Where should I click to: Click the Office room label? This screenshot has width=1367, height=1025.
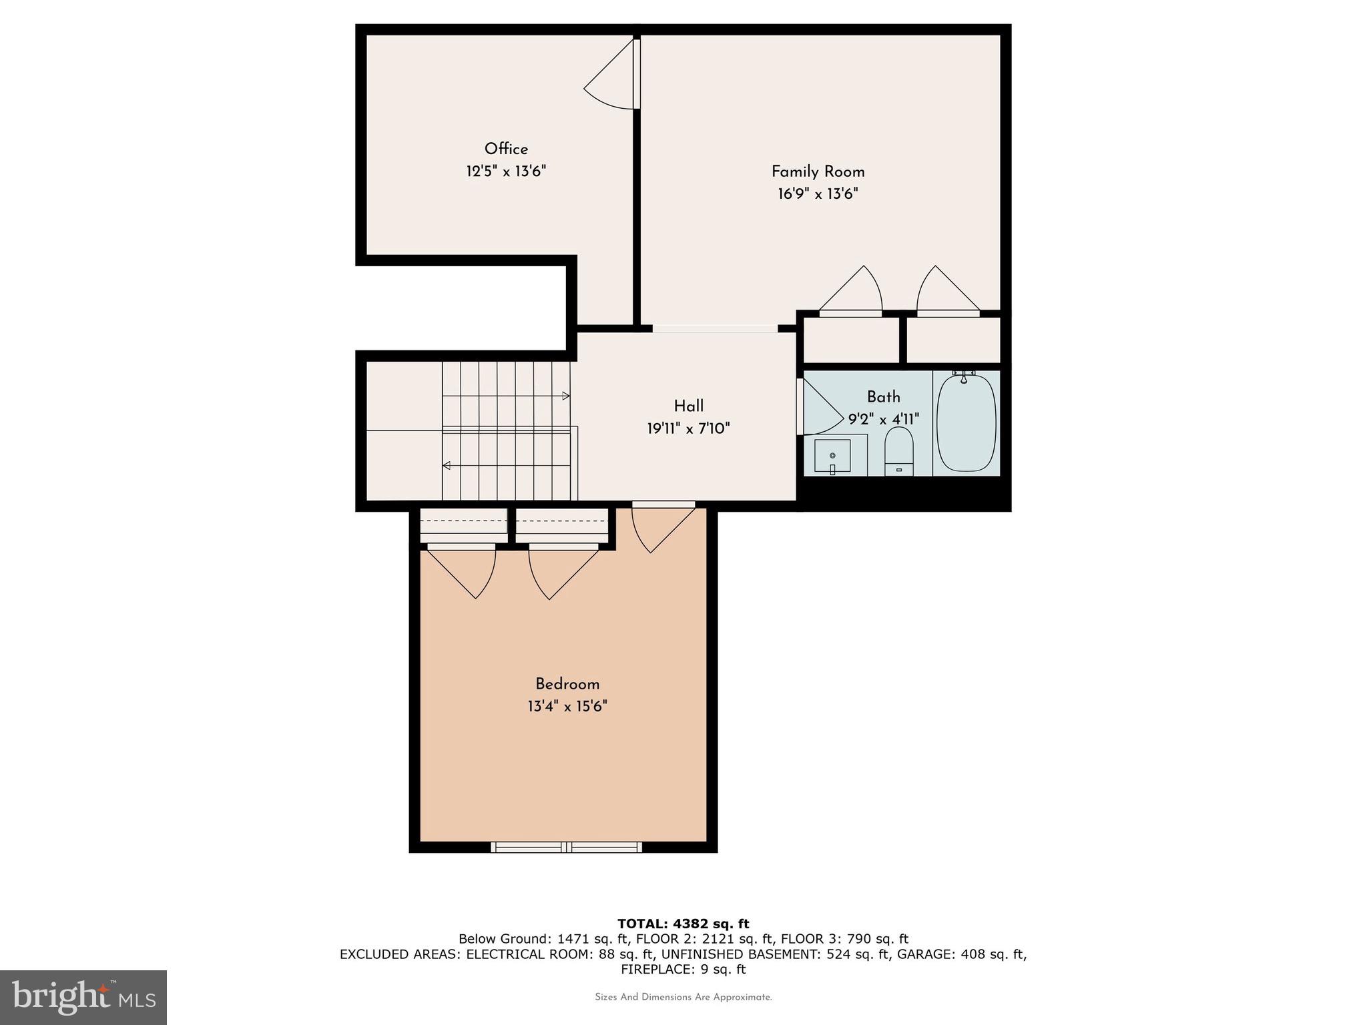tap(506, 149)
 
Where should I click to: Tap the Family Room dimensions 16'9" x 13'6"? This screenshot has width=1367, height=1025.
tap(818, 194)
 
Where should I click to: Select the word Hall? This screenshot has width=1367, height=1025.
tap(688, 406)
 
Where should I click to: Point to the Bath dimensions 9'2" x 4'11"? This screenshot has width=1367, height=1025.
tap(883, 419)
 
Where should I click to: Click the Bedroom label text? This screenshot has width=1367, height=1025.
tap(567, 684)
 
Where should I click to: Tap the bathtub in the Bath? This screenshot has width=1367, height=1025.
tap(966, 424)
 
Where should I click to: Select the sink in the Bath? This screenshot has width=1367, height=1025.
tap(832, 456)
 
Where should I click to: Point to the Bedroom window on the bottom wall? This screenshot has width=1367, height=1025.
tap(566, 847)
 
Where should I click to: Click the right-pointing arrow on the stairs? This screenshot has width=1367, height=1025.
tap(565, 396)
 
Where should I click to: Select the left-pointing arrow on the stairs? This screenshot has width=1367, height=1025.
tap(447, 465)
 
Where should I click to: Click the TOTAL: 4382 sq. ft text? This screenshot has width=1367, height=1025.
tap(683, 924)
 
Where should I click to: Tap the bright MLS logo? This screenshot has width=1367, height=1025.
tap(83, 997)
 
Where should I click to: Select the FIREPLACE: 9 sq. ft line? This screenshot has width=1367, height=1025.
tap(683, 970)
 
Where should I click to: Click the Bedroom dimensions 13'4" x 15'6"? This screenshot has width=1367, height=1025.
tap(567, 706)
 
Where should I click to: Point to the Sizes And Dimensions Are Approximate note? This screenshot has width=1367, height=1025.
tap(683, 998)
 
